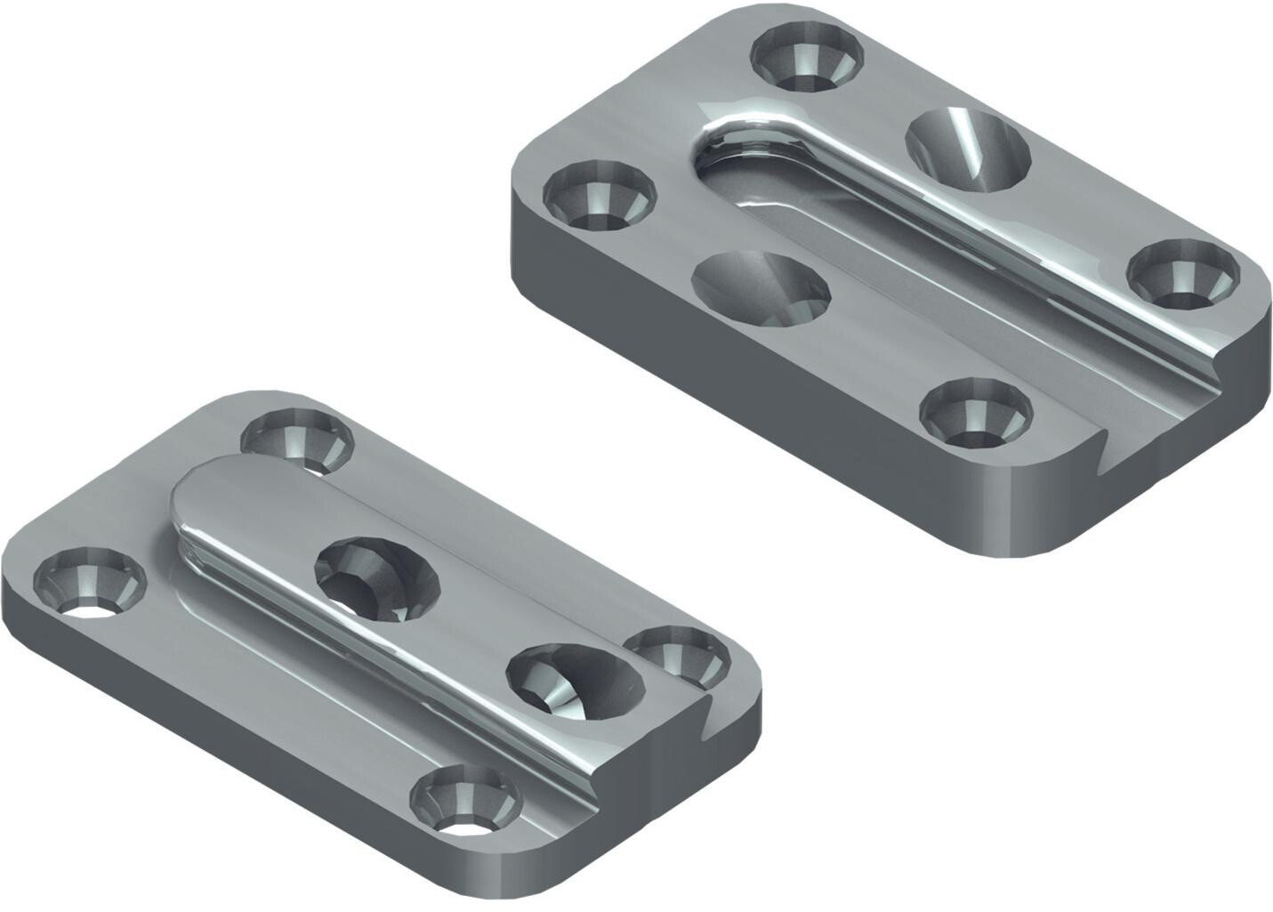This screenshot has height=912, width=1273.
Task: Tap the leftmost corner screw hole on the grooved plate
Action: [x=598, y=195]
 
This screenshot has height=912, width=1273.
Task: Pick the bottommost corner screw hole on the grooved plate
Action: [x=977, y=412]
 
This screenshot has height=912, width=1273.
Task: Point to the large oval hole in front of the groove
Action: [x=759, y=287]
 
